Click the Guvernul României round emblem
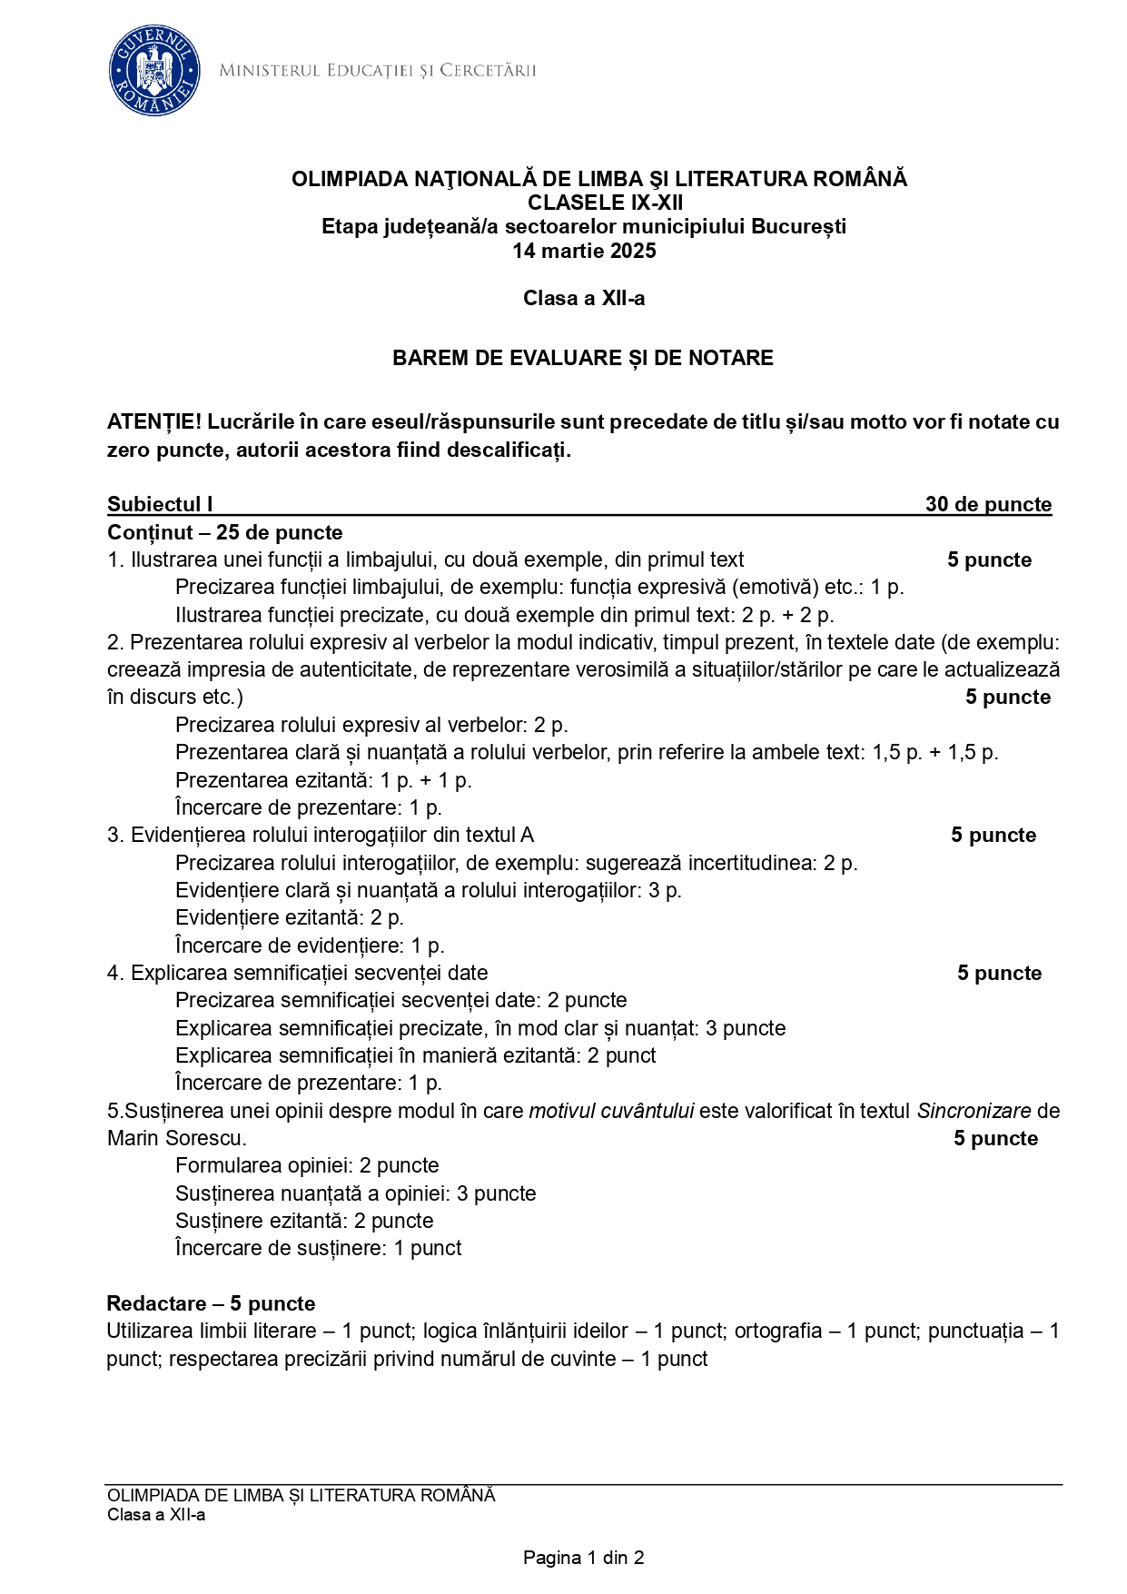point(154,71)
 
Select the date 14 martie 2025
point(584,251)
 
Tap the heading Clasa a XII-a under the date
point(584,298)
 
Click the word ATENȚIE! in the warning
point(154,421)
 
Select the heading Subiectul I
point(160,504)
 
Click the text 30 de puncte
point(988,504)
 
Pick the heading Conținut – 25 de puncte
point(225,532)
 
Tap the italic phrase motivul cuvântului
point(611,1111)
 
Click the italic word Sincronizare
point(974,1111)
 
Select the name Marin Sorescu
point(176,1138)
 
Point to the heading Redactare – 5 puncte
point(211,1303)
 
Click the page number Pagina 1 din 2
point(583,1558)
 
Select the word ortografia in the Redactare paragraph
point(778,1331)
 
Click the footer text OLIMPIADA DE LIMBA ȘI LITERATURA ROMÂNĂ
point(301,1495)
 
